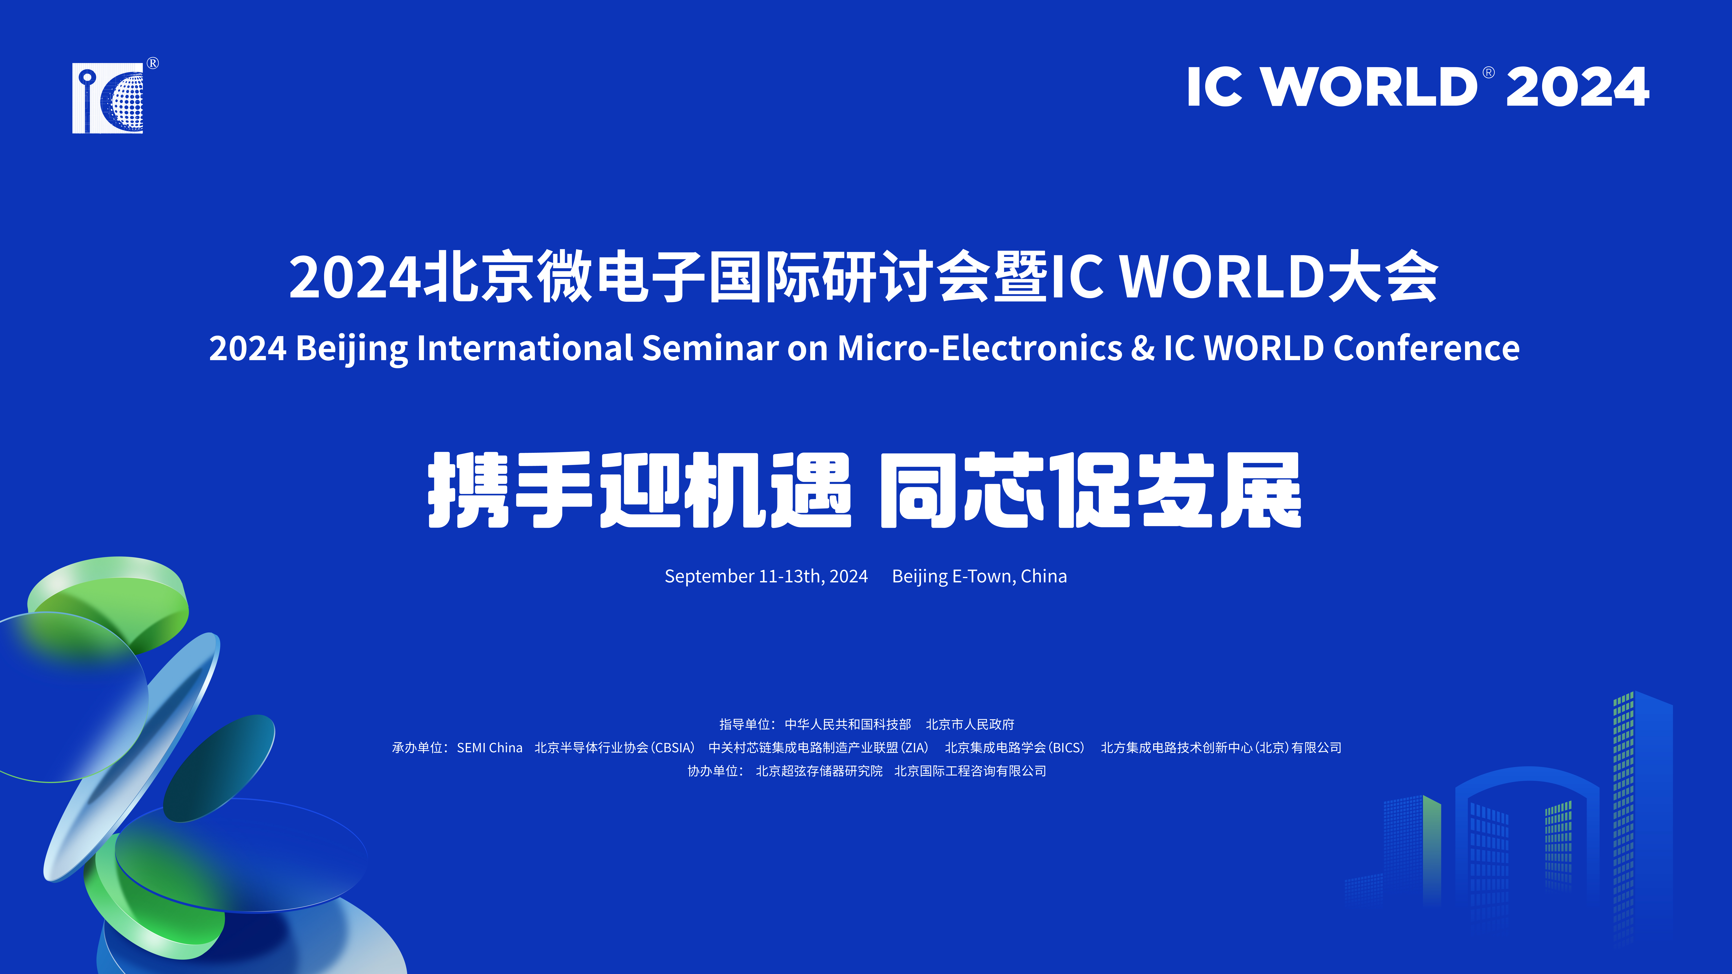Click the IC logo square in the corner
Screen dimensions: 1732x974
point(108,98)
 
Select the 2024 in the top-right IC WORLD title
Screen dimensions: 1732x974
point(1577,87)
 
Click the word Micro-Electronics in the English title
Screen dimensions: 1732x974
point(980,348)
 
